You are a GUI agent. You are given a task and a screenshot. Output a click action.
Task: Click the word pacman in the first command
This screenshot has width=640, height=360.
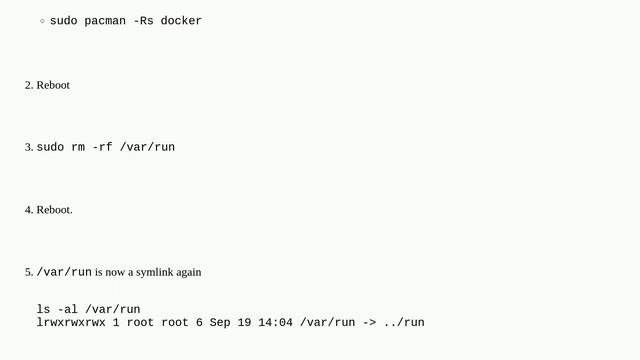pyautogui.click(x=105, y=21)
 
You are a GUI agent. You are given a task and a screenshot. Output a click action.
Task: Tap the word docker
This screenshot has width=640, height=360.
pyautogui.click(x=181, y=21)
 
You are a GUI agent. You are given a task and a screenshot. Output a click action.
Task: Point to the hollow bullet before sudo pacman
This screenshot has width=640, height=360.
pyautogui.click(x=42, y=21)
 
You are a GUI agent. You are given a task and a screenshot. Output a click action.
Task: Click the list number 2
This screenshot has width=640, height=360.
pyautogui.click(x=28, y=86)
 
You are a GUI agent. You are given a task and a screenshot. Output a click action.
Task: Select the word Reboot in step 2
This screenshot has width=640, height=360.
pyautogui.click(x=53, y=86)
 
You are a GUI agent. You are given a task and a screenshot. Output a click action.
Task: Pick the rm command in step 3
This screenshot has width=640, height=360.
pyautogui.click(x=77, y=148)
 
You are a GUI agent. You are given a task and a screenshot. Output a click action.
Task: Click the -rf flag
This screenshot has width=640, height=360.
pyautogui.click(x=102, y=148)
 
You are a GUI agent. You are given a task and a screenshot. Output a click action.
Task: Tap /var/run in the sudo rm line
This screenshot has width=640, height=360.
pyautogui.click(x=147, y=148)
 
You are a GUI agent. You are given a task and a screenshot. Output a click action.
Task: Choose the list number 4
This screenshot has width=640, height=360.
pyautogui.click(x=28, y=210)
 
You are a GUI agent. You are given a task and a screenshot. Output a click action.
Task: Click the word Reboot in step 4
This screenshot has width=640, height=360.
pyautogui.click(x=53, y=210)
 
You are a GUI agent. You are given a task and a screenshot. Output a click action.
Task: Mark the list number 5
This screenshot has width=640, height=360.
pyautogui.click(x=28, y=272)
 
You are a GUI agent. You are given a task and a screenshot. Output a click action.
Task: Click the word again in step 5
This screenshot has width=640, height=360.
pyautogui.click(x=188, y=272)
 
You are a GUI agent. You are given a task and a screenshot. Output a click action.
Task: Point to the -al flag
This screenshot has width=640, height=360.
pyautogui.click(x=67, y=310)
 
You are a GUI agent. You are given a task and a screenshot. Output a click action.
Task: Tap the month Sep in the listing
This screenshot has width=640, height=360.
pyautogui.click(x=221, y=323)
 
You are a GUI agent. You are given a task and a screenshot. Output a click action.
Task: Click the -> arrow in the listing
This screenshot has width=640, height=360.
pyautogui.click(x=369, y=323)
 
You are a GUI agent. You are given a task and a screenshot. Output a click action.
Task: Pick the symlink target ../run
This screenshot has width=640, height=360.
pyautogui.click(x=404, y=323)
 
